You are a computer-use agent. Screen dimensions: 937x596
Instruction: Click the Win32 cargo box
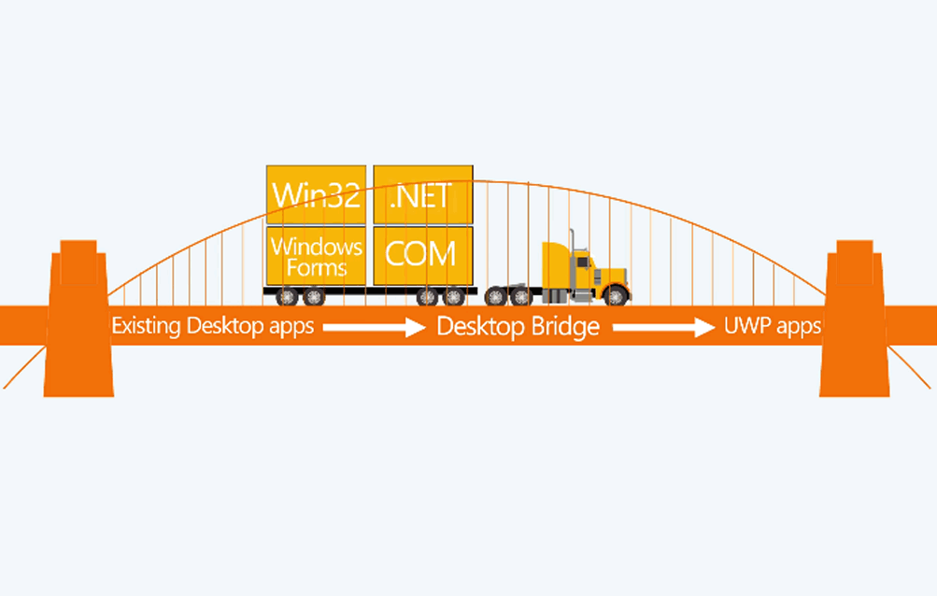tap(316, 195)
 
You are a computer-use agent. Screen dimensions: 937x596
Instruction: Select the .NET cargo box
tap(423, 195)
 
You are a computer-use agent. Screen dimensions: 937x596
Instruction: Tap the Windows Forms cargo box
tap(316, 256)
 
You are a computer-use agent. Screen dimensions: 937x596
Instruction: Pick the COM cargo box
tap(423, 256)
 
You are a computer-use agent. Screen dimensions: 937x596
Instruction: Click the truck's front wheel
tap(616, 295)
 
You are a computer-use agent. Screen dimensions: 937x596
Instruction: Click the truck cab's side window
tap(583, 263)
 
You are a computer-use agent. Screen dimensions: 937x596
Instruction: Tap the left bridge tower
tap(78, 318)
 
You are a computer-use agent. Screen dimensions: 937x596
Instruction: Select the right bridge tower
tap(855, 318)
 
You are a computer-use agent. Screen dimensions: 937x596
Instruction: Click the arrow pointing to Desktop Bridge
tap(374, 327)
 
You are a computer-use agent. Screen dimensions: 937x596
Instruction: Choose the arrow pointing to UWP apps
tap(664, 327)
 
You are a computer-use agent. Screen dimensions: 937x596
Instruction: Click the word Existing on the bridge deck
tap(146, 326)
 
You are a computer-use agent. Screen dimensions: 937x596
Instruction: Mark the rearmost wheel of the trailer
tap(287, 296)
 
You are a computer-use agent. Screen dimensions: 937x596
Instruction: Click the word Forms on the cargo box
tap(317, 267)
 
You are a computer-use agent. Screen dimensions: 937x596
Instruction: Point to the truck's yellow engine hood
tap(610, 277)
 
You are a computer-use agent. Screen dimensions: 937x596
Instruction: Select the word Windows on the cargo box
tap(317, 247)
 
